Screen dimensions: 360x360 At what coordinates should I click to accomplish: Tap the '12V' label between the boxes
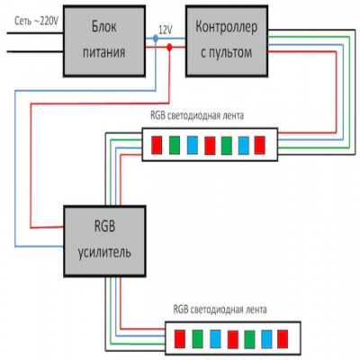165,30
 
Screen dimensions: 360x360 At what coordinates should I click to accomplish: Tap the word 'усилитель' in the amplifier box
100,251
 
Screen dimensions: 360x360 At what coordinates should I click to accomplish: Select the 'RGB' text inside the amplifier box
100,224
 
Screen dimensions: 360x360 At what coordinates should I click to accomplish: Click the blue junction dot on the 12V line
157,40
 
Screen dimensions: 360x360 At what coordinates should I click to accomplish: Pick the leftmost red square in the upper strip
157,143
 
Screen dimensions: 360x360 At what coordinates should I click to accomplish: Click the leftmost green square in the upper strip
174,143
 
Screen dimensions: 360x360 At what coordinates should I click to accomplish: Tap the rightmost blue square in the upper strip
243,143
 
